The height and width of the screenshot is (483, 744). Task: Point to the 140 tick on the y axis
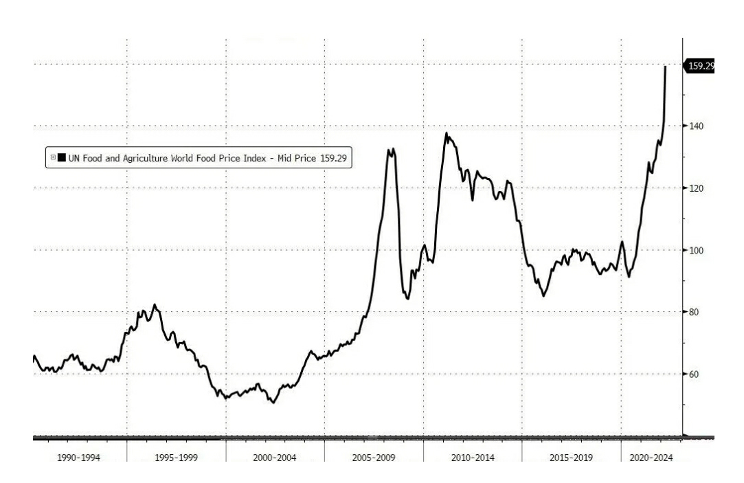click(x=697, y=126)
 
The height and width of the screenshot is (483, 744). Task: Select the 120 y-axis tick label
click(x=697, y=188)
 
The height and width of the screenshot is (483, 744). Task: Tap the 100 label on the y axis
click(x=697, y=250)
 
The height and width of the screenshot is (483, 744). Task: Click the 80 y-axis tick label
click(x=694, y=312)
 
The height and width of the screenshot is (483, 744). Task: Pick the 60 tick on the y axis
click(x=694, y=374)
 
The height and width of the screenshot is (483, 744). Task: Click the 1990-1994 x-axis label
click(x=78, y=458)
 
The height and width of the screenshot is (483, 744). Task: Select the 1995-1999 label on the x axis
click(x=177, y=458)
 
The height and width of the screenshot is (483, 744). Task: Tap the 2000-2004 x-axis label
click(x=275, y=458)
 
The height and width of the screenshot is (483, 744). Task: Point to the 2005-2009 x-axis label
click(x=373, y=458)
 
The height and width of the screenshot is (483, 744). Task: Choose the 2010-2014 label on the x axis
click(x=472, y=458)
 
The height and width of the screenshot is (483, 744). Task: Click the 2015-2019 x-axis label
click(x=570, y=458)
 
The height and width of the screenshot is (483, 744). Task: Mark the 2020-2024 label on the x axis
click(x=651, y=458)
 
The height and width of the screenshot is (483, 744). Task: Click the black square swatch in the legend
click(x=61, y=158)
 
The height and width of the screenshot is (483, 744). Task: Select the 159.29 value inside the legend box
click(x=334, y=158)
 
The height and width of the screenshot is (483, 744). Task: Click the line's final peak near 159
click(x=665, y=67)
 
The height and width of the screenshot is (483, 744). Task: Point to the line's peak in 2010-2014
click(x=446, y=133)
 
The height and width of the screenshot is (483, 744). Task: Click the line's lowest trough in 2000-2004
click(x=273, y=403)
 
